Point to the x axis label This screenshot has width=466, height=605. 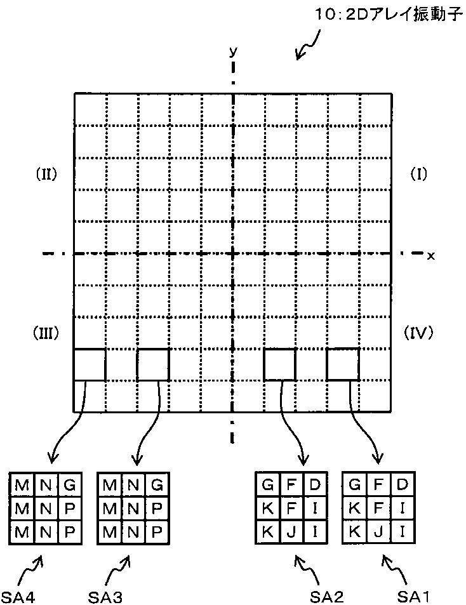pyautogui.click(x=431, y=255)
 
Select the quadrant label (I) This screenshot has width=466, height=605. pyautogui.click(x=418, y=173)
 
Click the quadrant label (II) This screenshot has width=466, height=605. pyautogui.click(x=46, y=173)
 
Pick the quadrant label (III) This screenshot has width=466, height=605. pyautogui.click(x=46, y=332)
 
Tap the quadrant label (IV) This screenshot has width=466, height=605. pyautogui.click(x=418, y=332)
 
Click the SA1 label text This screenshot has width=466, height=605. pyautogui.click(x=414, y=596)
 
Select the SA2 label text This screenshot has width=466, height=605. pyautogui.click(x=327, y=596)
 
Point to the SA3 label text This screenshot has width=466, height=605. pyautogui.click(x=105, y=596)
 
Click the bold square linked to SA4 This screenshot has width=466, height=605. pyautogui.click(x=90, y=364)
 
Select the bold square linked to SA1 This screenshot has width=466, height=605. pyautogui.click(x=343, y=364)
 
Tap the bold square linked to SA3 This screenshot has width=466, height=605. pyautogui.click(x=153, y=364)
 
